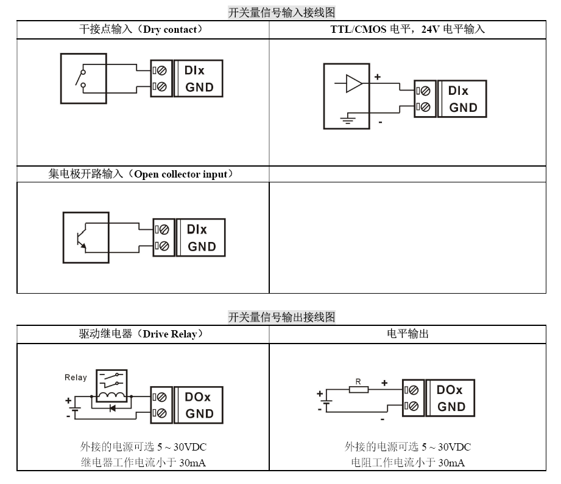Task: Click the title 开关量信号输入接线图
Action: pyautogui.click(x=281, y=12)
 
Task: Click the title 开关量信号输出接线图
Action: pyautogui.click(x=281, y=317)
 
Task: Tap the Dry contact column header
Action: pyautogui.click(x=141, y=29)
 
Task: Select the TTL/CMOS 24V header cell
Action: pyautogui.click(x=403, y=29)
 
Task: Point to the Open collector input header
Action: pyautogui.click(x=141, y=174)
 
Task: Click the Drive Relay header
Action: pyautogui.click(x=141, y=334)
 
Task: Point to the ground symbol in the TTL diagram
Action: pyautogui.click(x=347, y=120)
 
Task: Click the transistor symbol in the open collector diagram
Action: pyautogui.click(x=80, y=238)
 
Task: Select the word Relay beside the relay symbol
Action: pyautogui.click(x=76, y=378)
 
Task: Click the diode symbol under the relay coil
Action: pyautogui.click(x=112, y=408)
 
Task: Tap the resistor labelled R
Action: pyautogui.click(x=359, y=389)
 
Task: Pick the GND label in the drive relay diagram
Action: pyautogui.click(x=199, y=413)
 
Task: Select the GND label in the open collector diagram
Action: pyautogui.click(x=202, y=247)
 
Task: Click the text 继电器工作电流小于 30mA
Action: pyautogui.click(x=143, y=462)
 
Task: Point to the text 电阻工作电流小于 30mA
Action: pyautogui.click(x=408, y=462)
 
